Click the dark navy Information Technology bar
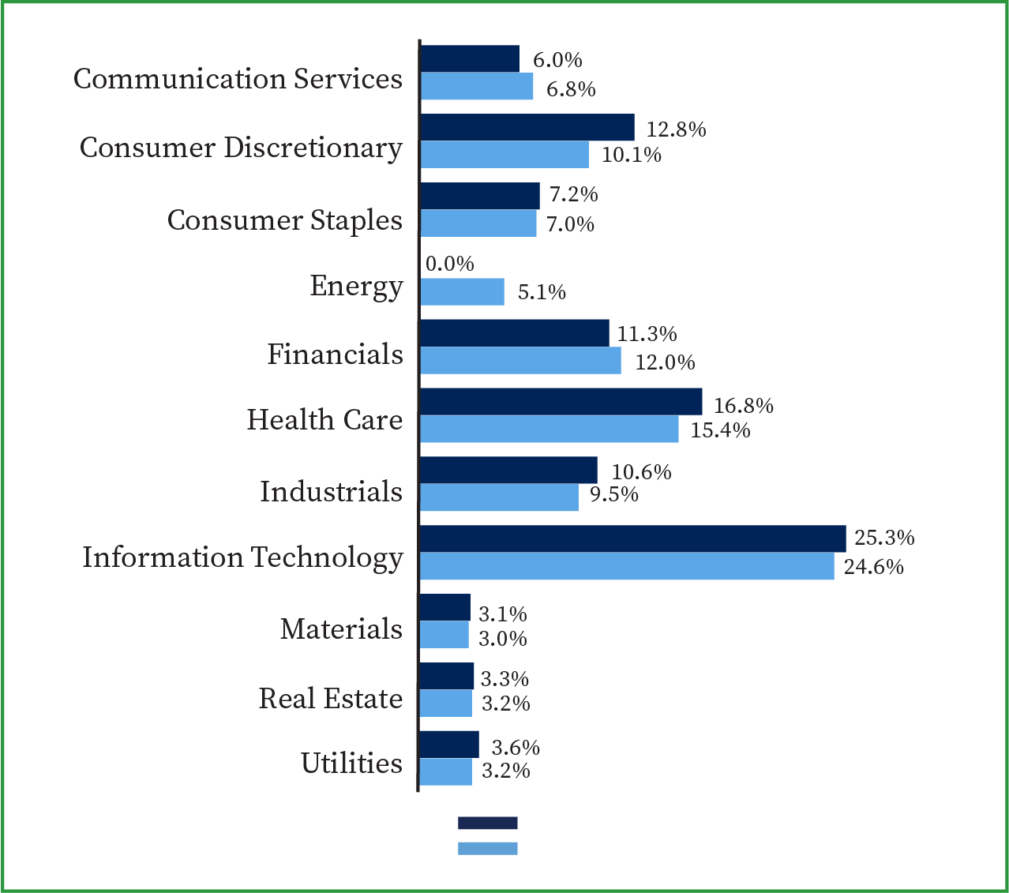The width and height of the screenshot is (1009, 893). tap(632, 538)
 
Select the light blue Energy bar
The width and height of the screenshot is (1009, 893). tap(462, 291)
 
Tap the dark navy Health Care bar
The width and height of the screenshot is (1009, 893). tap(561, 401)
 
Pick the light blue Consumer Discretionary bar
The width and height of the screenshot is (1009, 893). tap(504, 155)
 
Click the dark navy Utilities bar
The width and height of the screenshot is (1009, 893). tap(448, 745)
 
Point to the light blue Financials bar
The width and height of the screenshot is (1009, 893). tap(520, 361)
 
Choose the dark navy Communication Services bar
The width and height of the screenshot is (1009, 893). tap(470, 59)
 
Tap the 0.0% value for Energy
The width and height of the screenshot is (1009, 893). tap(450, 264)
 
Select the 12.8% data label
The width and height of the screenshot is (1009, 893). tap(676, 129)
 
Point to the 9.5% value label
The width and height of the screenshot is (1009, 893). tap(614, 495)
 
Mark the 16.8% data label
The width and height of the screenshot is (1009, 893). tap(744, 406)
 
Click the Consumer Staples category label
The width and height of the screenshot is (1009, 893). tap(285, 220)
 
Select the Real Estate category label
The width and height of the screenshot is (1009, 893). tap(331, 699)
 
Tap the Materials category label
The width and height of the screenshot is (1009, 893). tap(341, 629)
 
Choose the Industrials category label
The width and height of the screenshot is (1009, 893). tap(332, 492)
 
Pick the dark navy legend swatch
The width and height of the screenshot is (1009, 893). tap(487, 823)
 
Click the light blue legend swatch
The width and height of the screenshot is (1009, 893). tap(487, 848)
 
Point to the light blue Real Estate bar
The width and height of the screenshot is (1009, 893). tap(445, 704)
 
